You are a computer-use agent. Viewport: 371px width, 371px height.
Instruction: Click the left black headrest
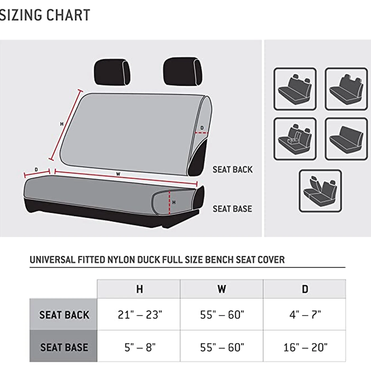[x=112, y=72]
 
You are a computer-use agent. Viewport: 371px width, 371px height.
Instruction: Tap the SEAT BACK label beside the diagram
[x=232, y=170]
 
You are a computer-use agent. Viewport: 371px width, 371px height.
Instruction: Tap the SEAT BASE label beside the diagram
[x=232, y=209]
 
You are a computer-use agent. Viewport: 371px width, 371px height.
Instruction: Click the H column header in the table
[x=139, y=289]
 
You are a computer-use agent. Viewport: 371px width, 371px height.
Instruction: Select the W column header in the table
[x=222, y=289]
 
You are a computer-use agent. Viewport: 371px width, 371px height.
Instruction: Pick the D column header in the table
[x=305, y=289]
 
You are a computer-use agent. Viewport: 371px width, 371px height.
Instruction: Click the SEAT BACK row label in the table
[x=64, y=315]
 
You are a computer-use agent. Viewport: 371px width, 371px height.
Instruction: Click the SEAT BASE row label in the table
[x=64, y=347]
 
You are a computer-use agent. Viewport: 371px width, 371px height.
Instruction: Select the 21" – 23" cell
[x=140, y=315]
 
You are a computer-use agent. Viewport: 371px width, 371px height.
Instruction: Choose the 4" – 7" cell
[x=305, y=315]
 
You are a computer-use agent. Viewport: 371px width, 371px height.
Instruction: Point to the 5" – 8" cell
[x=140, y=347]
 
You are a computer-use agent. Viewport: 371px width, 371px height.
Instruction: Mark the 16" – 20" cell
[x=305, y=347]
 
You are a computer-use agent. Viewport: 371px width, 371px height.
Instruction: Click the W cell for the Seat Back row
[x=222, y=315]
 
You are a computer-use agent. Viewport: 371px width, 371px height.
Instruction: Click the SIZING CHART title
[x=45, y=15]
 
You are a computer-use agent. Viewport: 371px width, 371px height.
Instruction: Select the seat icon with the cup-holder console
[x=295, y=139]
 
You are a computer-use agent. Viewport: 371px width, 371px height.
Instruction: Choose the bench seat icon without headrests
[x=346, y=139]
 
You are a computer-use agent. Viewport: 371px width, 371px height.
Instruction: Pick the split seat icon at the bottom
[x=320, y=191]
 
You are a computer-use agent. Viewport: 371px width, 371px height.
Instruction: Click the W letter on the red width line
[x=118, y=174]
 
